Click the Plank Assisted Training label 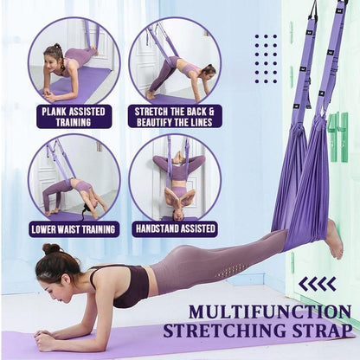pyautogui.click(x=74, y=116)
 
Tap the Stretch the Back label pyautogui.click(x=175, y=116)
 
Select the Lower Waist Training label pyautogui.click(x=74, y=229)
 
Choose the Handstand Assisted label pyautogui.click(x=175, y=229)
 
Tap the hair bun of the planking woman pyautogui.click(x=51, y=249)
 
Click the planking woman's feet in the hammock pyautogui.click(x=333, y=237)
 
